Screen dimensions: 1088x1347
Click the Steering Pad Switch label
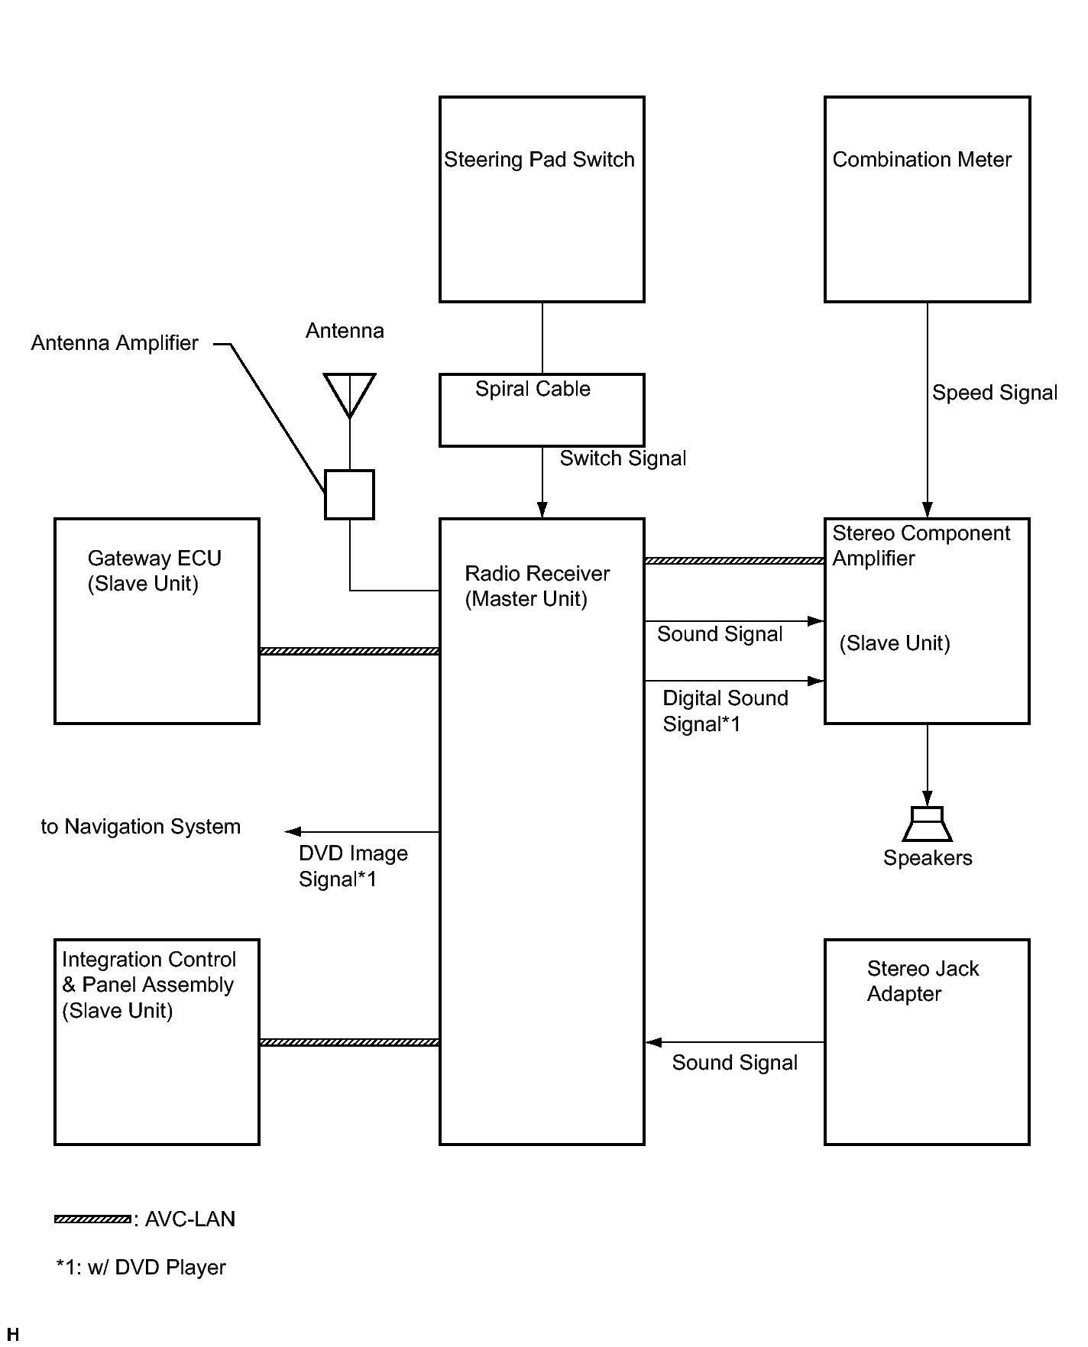click(539, 160)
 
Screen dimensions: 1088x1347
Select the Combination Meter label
click(921, 160)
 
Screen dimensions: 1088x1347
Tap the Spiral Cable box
click(542, 410)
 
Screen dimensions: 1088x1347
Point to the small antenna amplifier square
click(349, 494)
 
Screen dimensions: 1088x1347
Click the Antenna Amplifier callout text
click(115, 343)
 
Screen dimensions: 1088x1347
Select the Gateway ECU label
click(154, 571)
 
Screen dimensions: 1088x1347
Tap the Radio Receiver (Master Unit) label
click(537, 586)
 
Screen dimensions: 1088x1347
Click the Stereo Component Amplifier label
click(921, 546)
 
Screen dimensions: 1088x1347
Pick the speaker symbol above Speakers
click(928, 824)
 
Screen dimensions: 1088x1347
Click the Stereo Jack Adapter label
click(922, 981)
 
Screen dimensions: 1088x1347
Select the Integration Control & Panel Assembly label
click(149, 985)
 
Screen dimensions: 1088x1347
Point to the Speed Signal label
click(995, 393)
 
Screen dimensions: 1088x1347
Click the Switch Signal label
click(623, 458)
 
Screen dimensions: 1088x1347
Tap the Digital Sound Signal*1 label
click(725, 711)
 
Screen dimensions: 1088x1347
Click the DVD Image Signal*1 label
click(353, 866)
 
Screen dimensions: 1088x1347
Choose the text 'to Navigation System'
click(141, 827)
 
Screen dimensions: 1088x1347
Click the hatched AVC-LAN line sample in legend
click(92, 1219)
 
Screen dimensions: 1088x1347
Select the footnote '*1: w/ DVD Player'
click(141, 1268)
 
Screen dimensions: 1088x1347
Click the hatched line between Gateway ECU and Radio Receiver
click(349, 651)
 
